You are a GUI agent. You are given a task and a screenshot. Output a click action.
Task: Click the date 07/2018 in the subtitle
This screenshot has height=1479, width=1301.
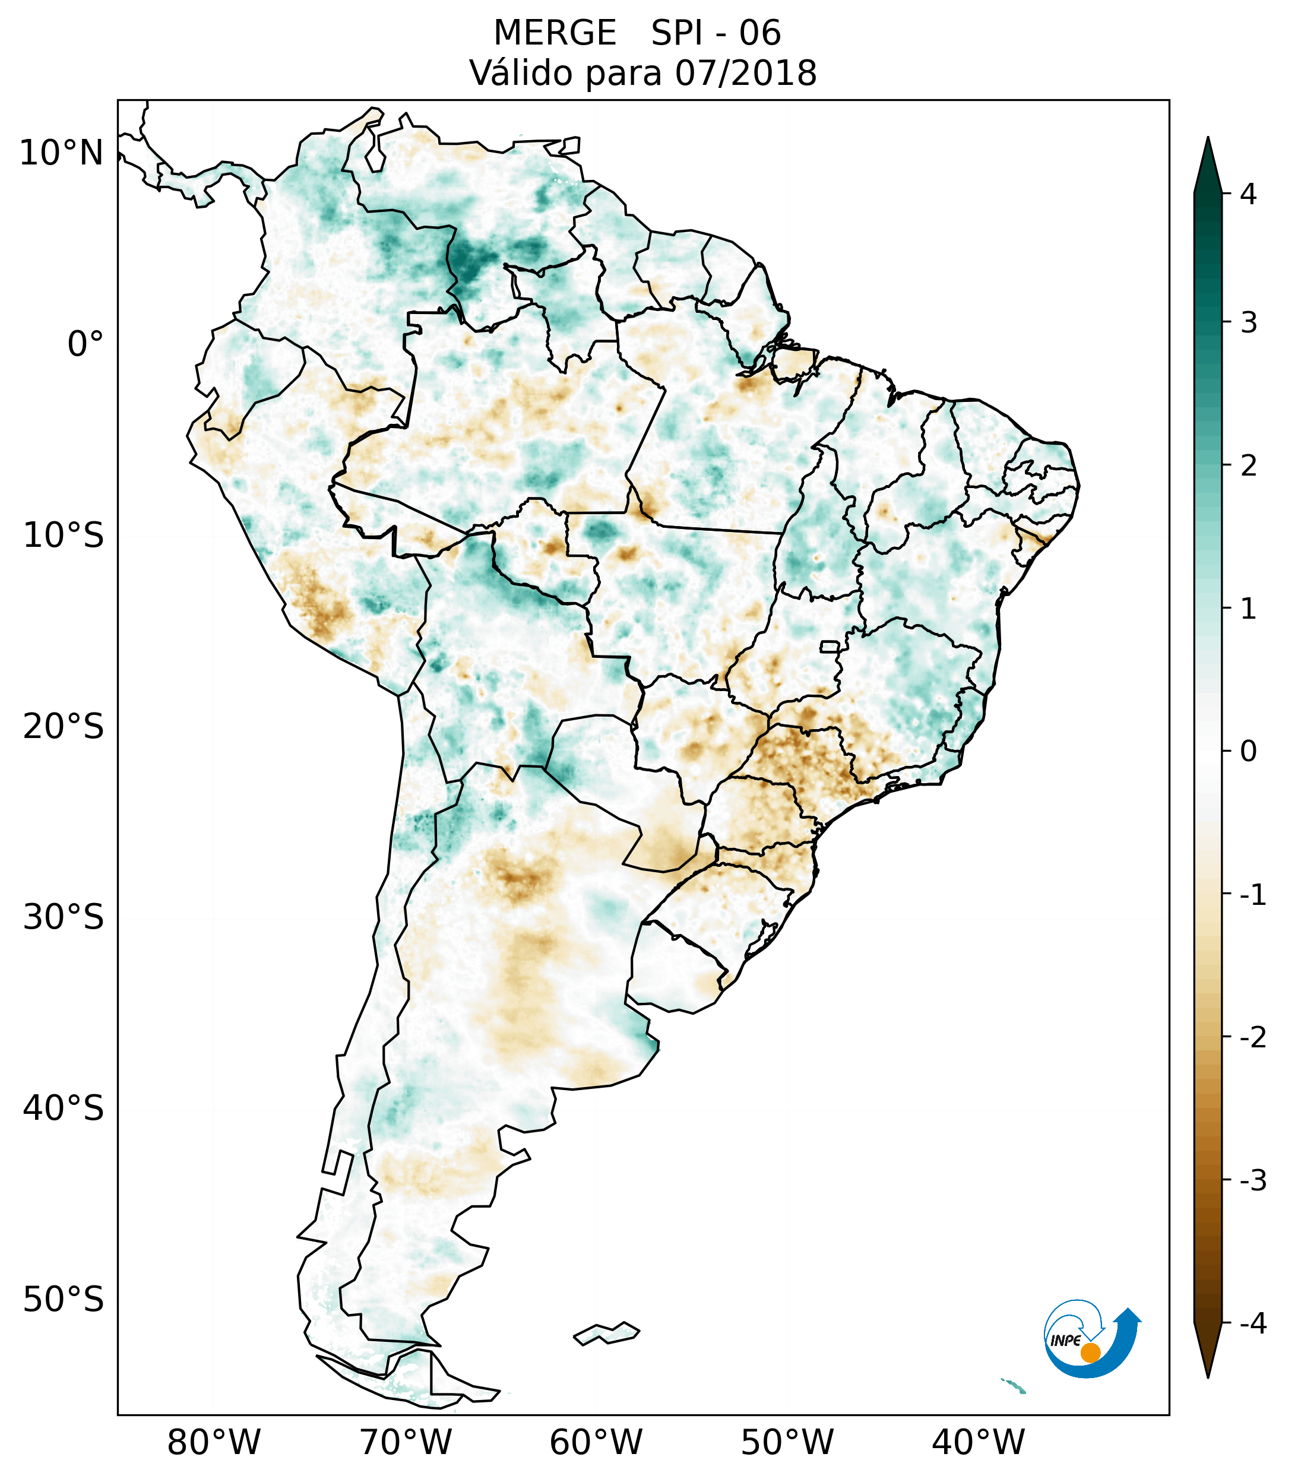point(745,73)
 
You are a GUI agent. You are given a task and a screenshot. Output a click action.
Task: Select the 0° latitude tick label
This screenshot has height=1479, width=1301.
point(86,344)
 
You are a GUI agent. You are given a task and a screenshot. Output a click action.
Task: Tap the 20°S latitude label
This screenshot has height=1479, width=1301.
point(64,727)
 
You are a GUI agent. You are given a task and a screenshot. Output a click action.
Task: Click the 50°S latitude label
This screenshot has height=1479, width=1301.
point(64,1300)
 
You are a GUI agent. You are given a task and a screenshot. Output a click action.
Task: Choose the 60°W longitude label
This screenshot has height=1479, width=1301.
point(596,1442)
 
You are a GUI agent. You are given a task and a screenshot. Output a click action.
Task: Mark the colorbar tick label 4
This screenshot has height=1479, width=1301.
point(1248,194)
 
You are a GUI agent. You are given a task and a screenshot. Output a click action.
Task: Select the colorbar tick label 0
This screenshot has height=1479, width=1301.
point(1248,752)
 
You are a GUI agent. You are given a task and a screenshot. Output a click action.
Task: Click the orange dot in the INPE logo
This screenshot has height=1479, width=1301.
point(1090,1353)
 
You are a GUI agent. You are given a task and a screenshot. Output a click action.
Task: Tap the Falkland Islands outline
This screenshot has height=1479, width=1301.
point(606,1333)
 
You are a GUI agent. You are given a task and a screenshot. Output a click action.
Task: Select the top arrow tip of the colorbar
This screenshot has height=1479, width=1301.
point(1207,139)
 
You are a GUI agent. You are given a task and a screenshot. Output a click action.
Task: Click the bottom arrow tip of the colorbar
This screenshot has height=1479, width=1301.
point(1207,1376)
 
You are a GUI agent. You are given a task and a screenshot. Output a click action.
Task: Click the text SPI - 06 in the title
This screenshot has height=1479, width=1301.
point(716,33)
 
